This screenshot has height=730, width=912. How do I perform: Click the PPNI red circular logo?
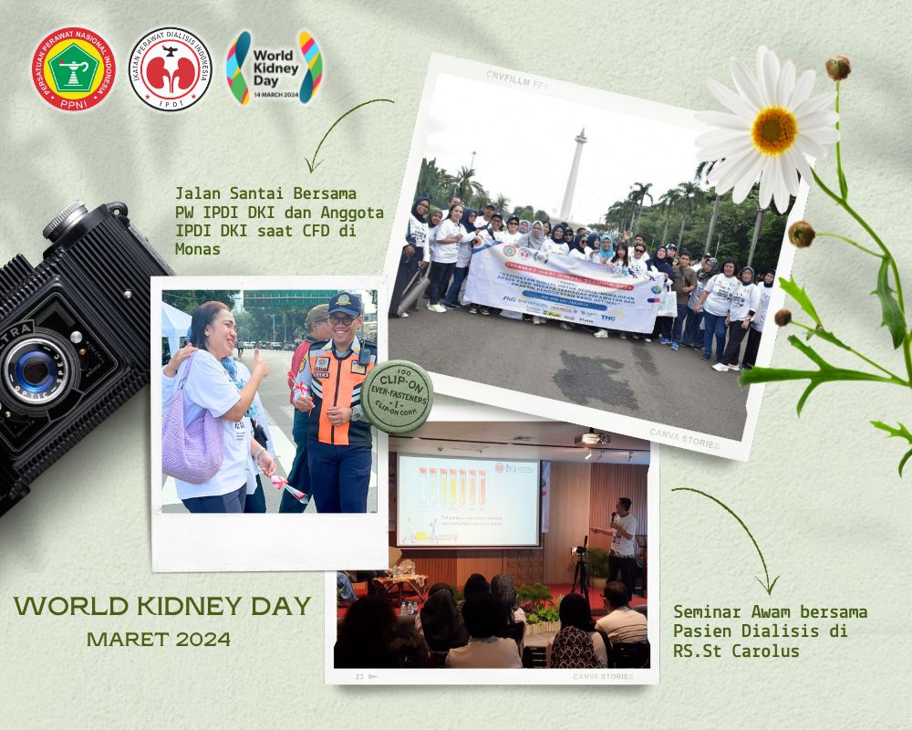[x=73, y=68]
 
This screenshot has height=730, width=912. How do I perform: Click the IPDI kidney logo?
[x=171, y=68]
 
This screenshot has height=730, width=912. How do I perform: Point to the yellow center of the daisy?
[x=773, y=130]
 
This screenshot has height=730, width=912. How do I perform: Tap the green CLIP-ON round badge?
[x=397, y=396]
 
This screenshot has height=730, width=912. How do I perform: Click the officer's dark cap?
[x=344, y=304]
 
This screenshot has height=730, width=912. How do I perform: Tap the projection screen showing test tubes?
[x=467, y=500]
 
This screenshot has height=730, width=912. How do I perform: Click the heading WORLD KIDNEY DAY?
[x=162, y=606]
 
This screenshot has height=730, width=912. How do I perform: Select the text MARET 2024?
[x=159, y=639]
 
